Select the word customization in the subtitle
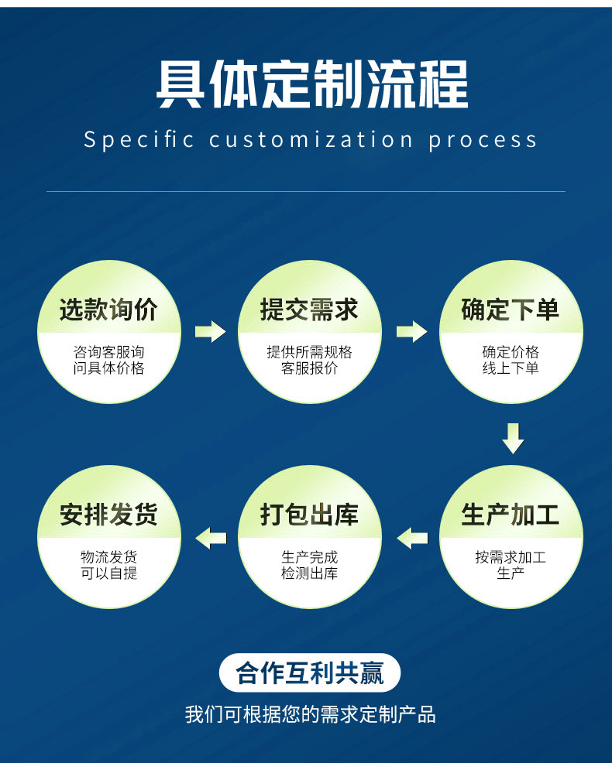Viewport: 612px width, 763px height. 311,140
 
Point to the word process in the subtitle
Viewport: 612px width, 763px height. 483,140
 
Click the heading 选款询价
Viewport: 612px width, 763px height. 108,310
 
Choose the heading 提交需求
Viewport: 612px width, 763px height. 309,310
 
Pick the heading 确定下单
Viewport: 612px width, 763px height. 511,310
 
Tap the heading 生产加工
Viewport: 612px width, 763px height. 511,515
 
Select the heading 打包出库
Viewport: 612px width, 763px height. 309,515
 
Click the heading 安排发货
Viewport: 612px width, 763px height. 108,515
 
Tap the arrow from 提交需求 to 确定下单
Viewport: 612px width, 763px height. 411,332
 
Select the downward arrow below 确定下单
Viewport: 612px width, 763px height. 513,438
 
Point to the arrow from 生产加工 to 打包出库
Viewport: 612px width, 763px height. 411,536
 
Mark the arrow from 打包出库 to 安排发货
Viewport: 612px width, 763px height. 210,536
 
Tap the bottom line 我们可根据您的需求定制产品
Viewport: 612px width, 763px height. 310,713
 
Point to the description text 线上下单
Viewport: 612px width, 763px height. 511,368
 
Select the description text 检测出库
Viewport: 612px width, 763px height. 309,573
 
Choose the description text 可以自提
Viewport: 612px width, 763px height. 108,573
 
